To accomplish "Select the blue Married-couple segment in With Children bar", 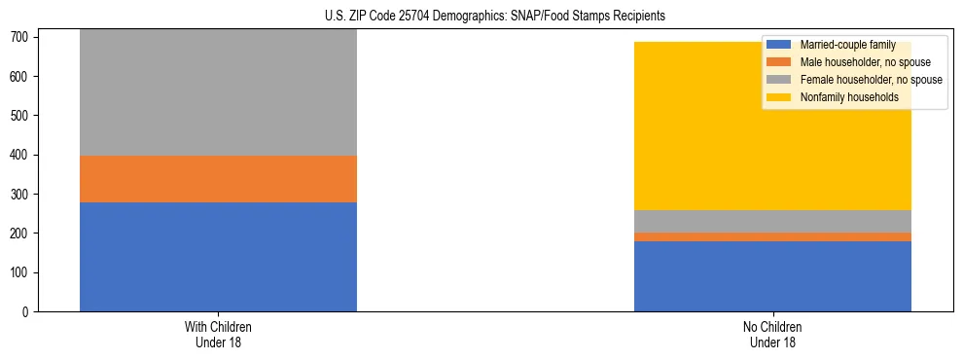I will (218, 257).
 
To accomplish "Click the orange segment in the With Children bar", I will (218, 179).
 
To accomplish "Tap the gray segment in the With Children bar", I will (218, 92).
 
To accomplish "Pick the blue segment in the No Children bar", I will (772, 276).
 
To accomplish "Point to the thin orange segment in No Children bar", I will (772, 236).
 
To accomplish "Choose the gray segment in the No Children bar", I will (772, 222).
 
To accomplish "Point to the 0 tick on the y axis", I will (28, 312).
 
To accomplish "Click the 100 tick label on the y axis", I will (22, 272).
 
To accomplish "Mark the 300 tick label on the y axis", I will (22, 195).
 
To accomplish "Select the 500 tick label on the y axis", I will (22, 116).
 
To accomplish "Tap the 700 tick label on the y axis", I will (22, 37).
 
